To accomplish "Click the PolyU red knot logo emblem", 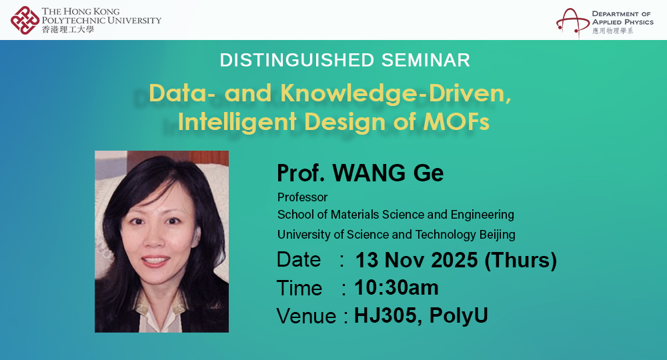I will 25,20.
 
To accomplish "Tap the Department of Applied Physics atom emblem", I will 572,22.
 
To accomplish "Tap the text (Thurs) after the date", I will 520,260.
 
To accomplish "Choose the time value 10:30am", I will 396,287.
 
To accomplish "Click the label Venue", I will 306,315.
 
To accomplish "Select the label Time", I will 299,288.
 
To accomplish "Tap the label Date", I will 299,259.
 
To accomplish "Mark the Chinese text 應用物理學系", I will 612,31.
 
